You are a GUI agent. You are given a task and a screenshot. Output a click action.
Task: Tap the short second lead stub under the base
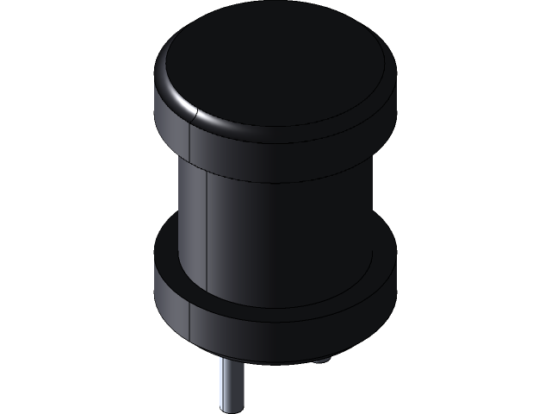point(320,360)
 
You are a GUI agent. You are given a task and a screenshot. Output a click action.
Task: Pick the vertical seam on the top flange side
point(190,142)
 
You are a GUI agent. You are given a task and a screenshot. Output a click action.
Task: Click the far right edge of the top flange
point(395,95)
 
